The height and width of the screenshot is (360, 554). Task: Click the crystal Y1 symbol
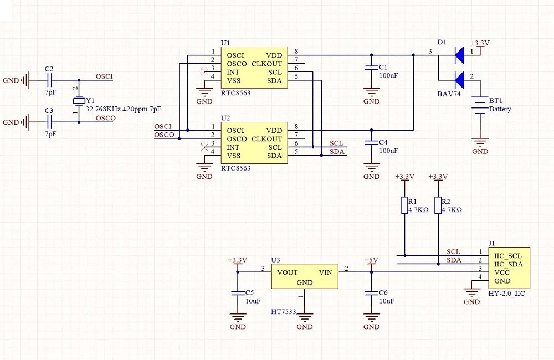pyautogui.click(x=79, y=101)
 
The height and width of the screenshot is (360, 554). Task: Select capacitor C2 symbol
pyautogui.click(x=49, y=80)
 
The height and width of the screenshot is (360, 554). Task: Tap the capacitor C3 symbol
pyautogui.click(x=49, y=122)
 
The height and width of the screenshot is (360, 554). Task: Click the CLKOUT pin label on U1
pyautogui.click(x=267, y=64)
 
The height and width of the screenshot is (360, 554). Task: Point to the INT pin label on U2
pyautogui.click(x=233, y=147)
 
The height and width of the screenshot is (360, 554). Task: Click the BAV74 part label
pyautogui.click(x=449, y=94)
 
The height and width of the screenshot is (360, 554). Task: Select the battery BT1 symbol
pyautogui.click(x=480, y=105)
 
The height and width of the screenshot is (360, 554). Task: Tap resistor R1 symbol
pyautogui.click(x=405, y=205)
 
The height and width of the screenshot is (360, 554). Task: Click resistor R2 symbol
pyautogui.click(x=438, y=205)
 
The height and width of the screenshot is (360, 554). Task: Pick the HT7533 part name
pyautogui.click(x=283, y=312)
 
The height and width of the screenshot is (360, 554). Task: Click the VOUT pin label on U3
pyautogui.click(x=287, y=272)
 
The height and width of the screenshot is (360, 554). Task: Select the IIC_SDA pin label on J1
pyautogui.click(x=509, y=264)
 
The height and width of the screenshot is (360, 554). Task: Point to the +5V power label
pyautogui.click(x=371, y=260)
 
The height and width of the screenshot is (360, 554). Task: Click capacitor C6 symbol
pyautogui.click(x=371, y=293)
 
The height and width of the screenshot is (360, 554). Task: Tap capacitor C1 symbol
pyautogui.click(x=371, y=68)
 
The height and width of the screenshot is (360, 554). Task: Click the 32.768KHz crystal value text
pyautogui.click(x=103, y=109)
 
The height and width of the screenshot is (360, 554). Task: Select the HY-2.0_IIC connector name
pyautogui.click(x=506, y=293)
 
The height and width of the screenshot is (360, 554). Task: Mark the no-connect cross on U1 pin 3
pyautogui.click(x=204, y=72)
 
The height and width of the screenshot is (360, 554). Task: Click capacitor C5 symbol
pyautogui.click(x=238, y=293)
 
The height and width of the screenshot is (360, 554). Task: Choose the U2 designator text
pyautogui.click(x=225, y=118)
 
